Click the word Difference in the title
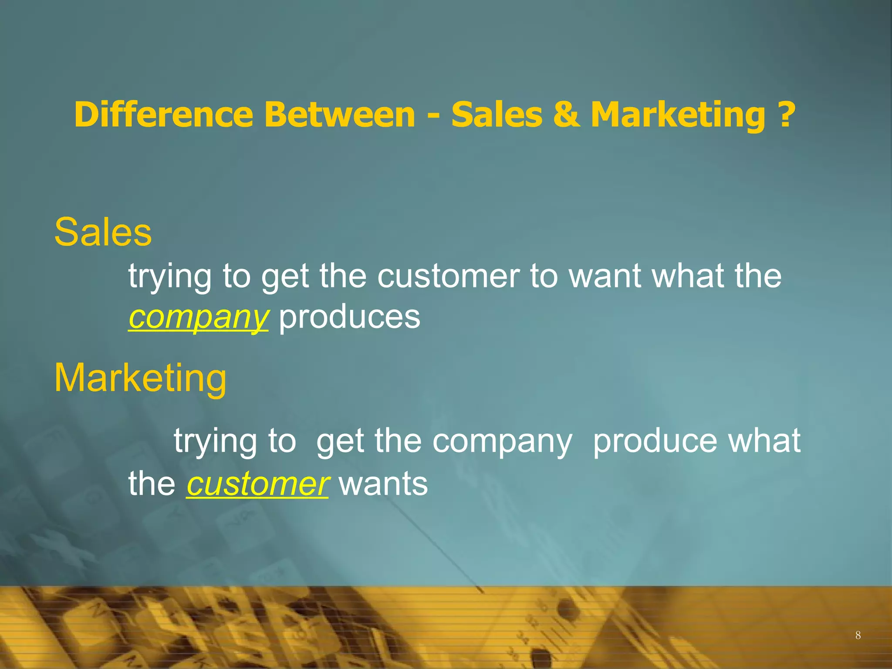(163, 115)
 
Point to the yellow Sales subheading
(103, 232)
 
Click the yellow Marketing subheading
(140, 378)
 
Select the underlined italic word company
(198, 318)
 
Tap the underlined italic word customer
(257, 484)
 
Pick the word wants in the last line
(384, 484)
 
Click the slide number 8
(858, 635)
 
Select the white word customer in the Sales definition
(448, 276)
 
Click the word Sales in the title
(497, 115)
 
